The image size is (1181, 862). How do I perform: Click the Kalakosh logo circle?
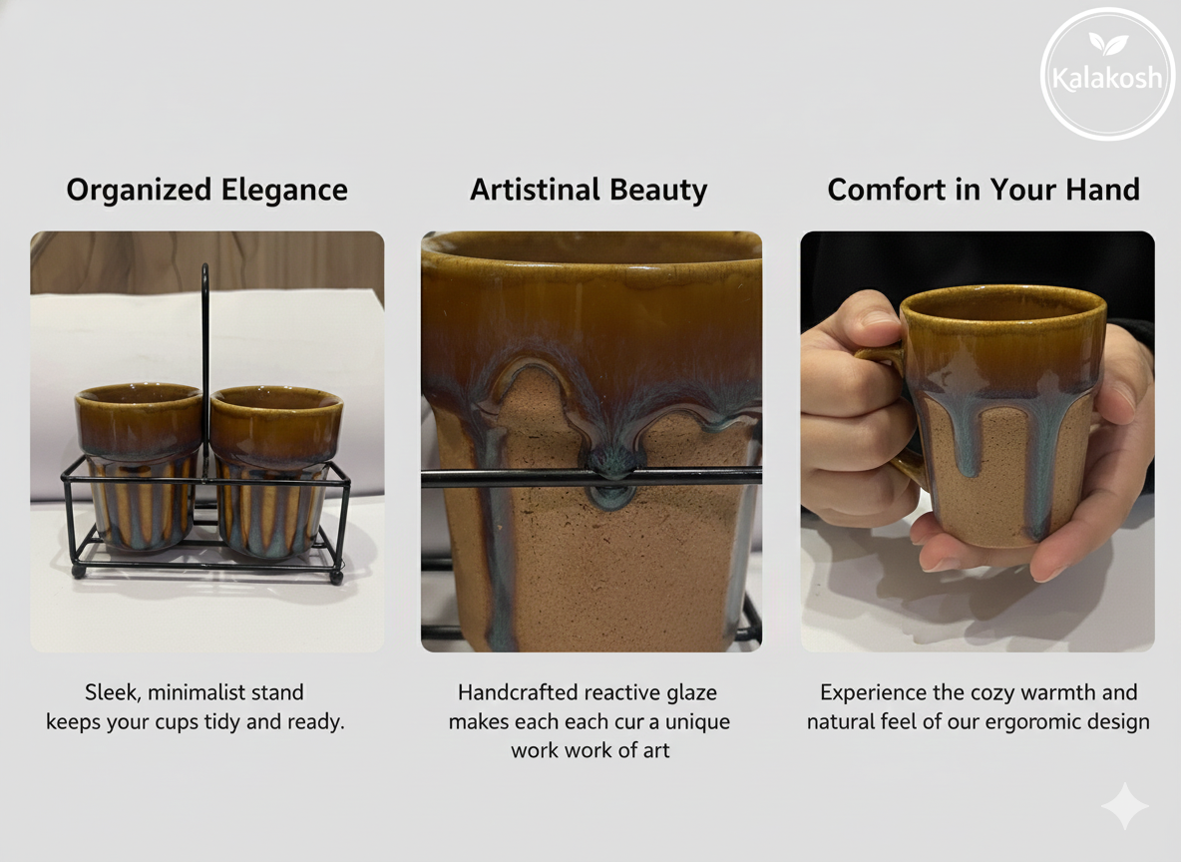tap(1107, 75)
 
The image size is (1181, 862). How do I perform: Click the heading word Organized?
tap(139, 191)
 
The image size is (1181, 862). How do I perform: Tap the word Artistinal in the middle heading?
tap(536, 191)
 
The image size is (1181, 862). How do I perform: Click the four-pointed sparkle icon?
tap(1124, 806)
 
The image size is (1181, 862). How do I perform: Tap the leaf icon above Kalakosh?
tap(1107, 43)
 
